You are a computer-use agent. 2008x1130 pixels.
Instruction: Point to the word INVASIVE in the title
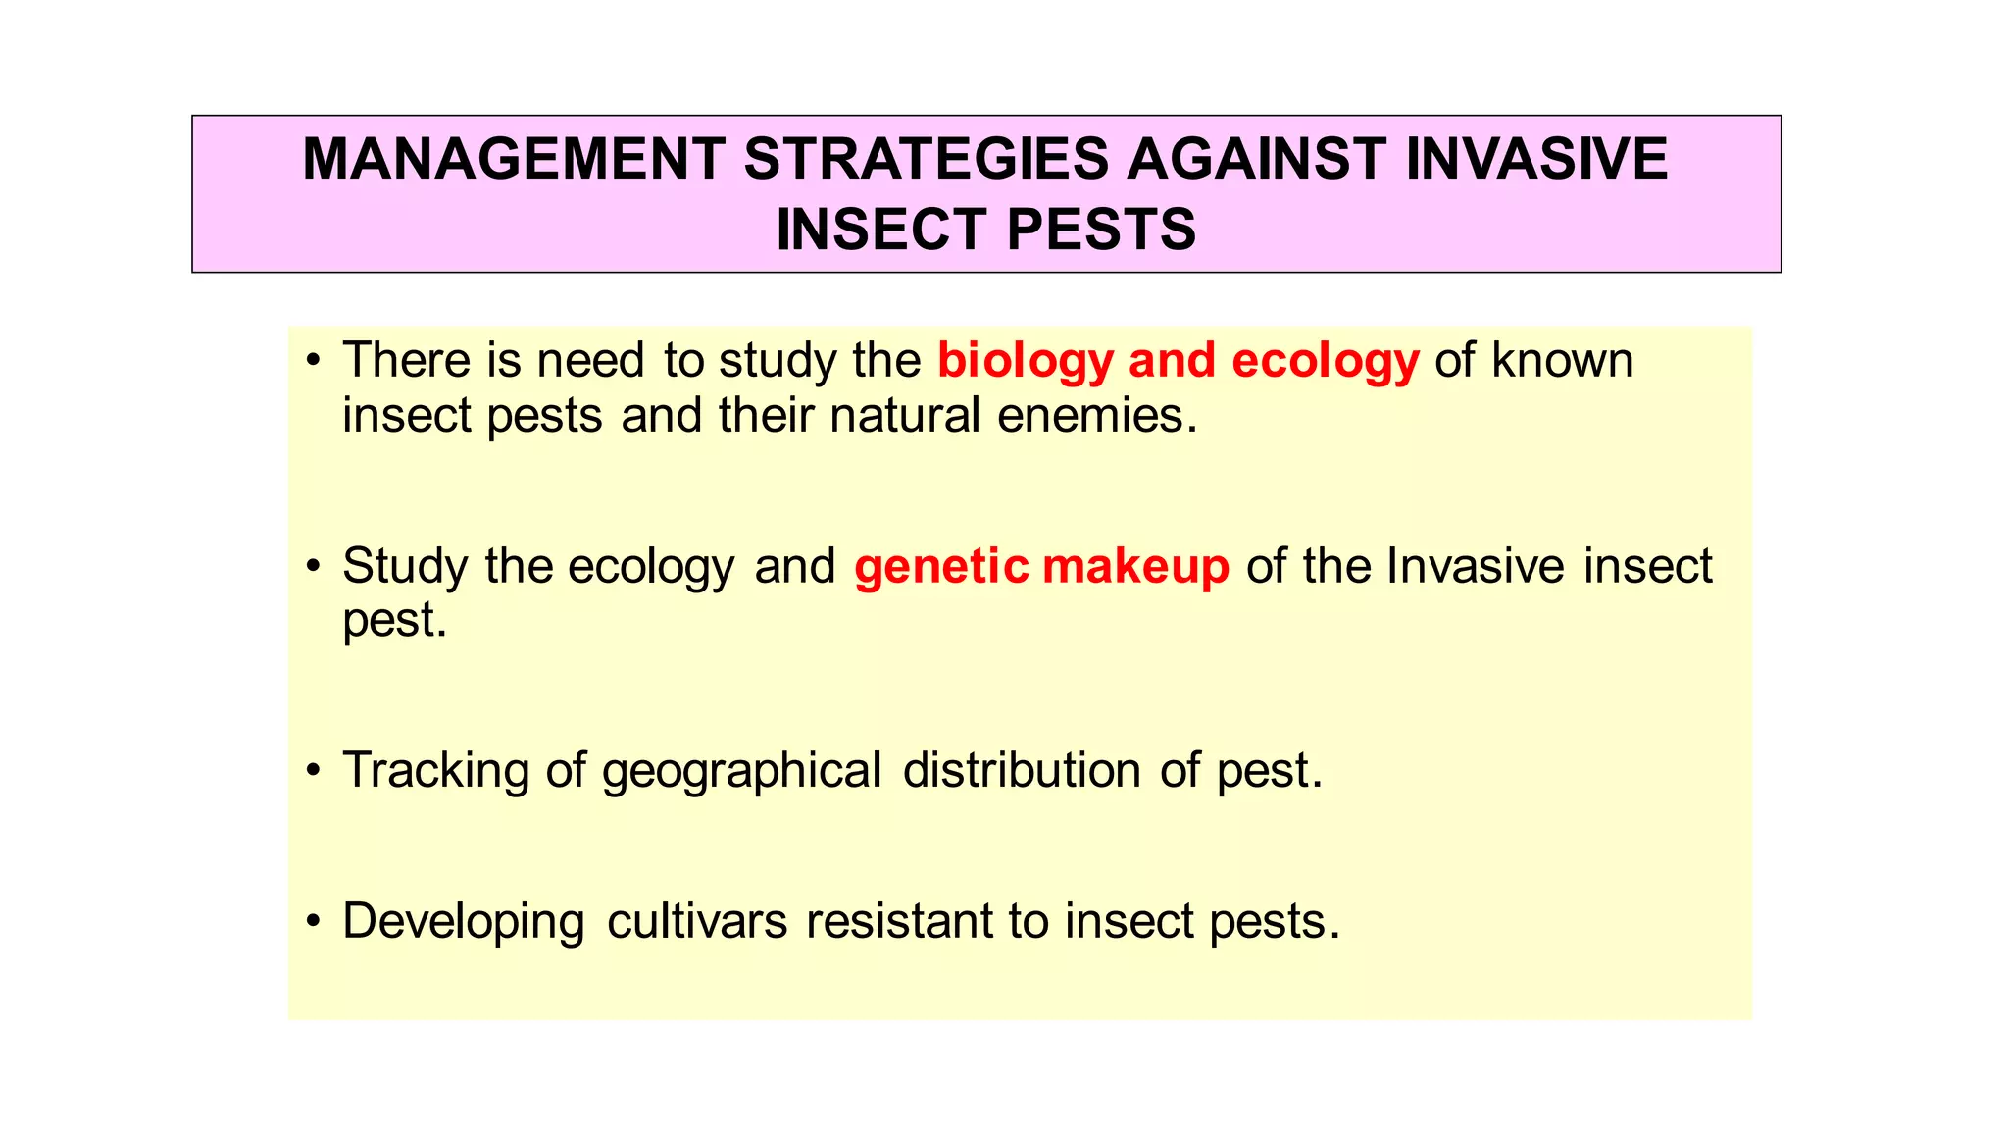(x=1536, y=159)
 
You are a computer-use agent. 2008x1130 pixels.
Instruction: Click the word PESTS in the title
(x=1101, y=230)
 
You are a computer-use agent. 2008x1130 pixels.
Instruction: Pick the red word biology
(x=1025, y=361)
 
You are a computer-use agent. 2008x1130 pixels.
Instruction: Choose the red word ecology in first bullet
(x=1325, y=361)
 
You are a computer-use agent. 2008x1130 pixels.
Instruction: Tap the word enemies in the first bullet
(x=1097, y=415)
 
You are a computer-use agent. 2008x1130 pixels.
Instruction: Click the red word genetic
(x=941, y=567)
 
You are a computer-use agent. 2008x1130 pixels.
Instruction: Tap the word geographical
(x=742, y=771)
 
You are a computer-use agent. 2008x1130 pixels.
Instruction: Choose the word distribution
(x=1022, y=770)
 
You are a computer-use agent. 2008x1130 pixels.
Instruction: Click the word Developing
(x=464, y=922)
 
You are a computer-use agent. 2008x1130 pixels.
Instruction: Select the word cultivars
(x=697, y=921)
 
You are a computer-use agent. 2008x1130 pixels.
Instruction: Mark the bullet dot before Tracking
(x=313, y=771)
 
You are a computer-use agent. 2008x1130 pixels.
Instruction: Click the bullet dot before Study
(x=313, y=567)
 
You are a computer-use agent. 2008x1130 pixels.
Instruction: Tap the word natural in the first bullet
(x=905, y=415)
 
